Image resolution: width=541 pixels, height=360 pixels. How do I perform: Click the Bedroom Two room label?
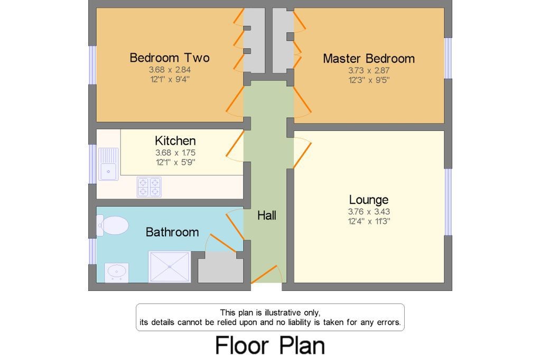tap(169, 58)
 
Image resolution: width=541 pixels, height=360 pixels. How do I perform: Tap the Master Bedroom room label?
tap(369, 58)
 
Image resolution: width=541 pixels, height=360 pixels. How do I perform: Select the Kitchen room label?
tap(175, 140)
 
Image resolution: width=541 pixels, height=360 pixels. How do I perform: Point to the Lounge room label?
tap(369, 200)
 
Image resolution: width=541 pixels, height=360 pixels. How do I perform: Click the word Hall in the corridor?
tap(267, 215)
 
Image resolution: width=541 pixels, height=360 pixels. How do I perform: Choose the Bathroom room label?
tap(172, 232)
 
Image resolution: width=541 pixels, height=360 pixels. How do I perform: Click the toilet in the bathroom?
tap(113, 225)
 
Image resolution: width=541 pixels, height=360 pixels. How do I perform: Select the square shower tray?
tap(169, 267)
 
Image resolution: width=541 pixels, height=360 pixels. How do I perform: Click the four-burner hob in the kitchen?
tap(149, 186)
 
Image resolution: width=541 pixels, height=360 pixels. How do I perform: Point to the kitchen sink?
tap(108, 164)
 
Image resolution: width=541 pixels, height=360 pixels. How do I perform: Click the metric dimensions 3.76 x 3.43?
tap(369, 212)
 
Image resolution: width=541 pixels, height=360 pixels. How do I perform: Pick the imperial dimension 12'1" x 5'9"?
tap(175, 163)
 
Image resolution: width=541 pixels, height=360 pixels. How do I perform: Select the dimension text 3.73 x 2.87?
tap(369, 70)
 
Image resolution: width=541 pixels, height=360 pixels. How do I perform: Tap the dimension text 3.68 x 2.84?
tap(169, 70)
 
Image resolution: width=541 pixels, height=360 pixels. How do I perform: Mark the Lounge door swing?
tap(302, 152)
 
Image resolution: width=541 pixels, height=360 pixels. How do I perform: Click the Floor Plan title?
tap(270, 346)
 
